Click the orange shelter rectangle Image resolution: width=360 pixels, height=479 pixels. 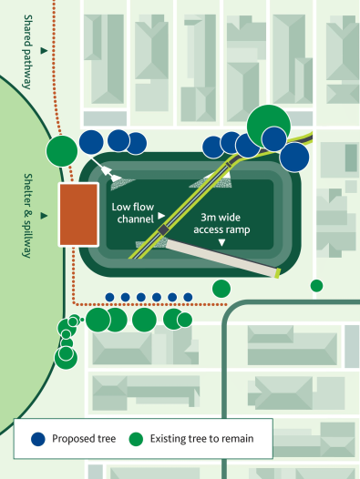(x=79, y=214)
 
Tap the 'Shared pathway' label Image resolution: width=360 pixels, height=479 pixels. (x=28, y=52)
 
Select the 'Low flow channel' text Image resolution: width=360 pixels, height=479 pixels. (x=133, y=213)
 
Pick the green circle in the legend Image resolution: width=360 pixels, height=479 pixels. (x=135, y=438)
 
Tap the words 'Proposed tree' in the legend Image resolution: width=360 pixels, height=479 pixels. (x=82, y=438)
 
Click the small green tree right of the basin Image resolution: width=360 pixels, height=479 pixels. (x=316, y=286)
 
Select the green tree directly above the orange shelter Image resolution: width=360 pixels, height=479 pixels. (x=62, y=150)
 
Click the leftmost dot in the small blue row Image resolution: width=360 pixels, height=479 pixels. (x=109, y=297)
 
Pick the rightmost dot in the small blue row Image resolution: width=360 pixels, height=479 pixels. (x=188, y=297)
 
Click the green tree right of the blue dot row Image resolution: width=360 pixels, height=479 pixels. (x=221, y=289)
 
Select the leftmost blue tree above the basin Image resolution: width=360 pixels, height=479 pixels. (x=91, y=140)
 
